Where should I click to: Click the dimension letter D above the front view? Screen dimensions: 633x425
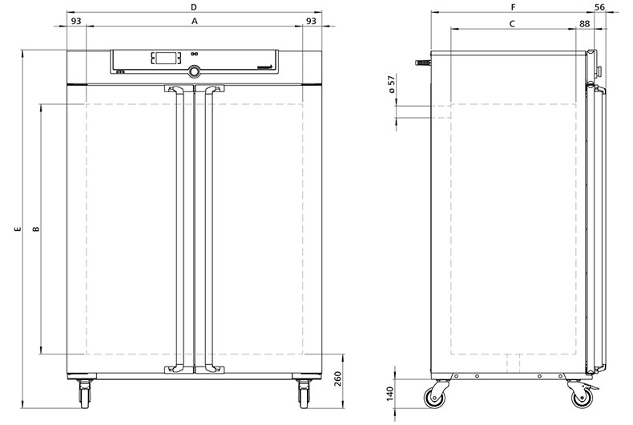[194, 7]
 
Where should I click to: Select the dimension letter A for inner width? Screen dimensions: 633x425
[195, 22]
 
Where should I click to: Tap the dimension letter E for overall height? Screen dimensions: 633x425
[17, 229]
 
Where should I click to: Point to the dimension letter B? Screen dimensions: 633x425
[36, 229]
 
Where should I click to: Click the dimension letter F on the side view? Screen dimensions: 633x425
[513, 7]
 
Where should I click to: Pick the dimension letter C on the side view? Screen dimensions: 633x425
[512, 24]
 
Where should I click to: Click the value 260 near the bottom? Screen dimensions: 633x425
[337, 379]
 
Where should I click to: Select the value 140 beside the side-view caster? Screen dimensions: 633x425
[389, 394]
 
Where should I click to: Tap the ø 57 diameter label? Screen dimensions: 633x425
[392, 85]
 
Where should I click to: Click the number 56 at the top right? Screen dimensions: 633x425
[600, 7]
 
